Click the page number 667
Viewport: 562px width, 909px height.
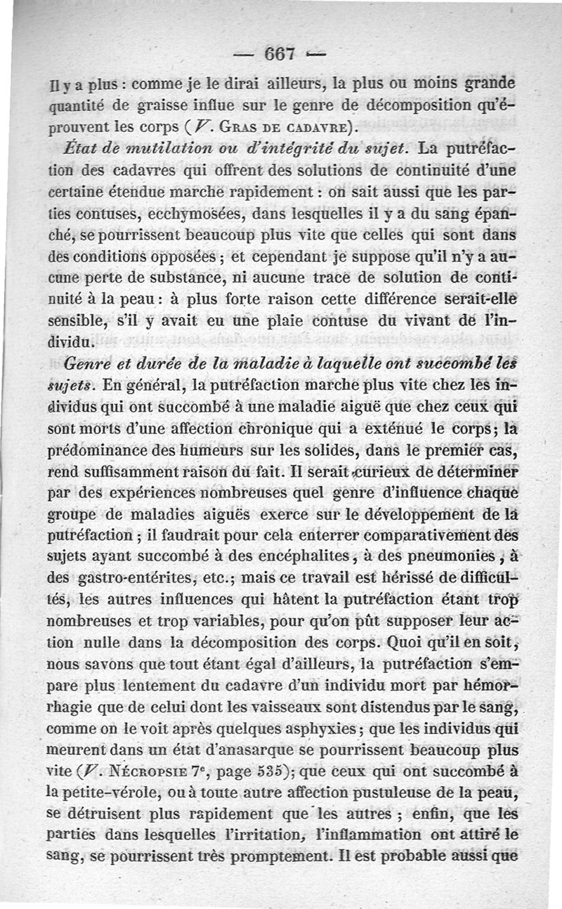279,53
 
